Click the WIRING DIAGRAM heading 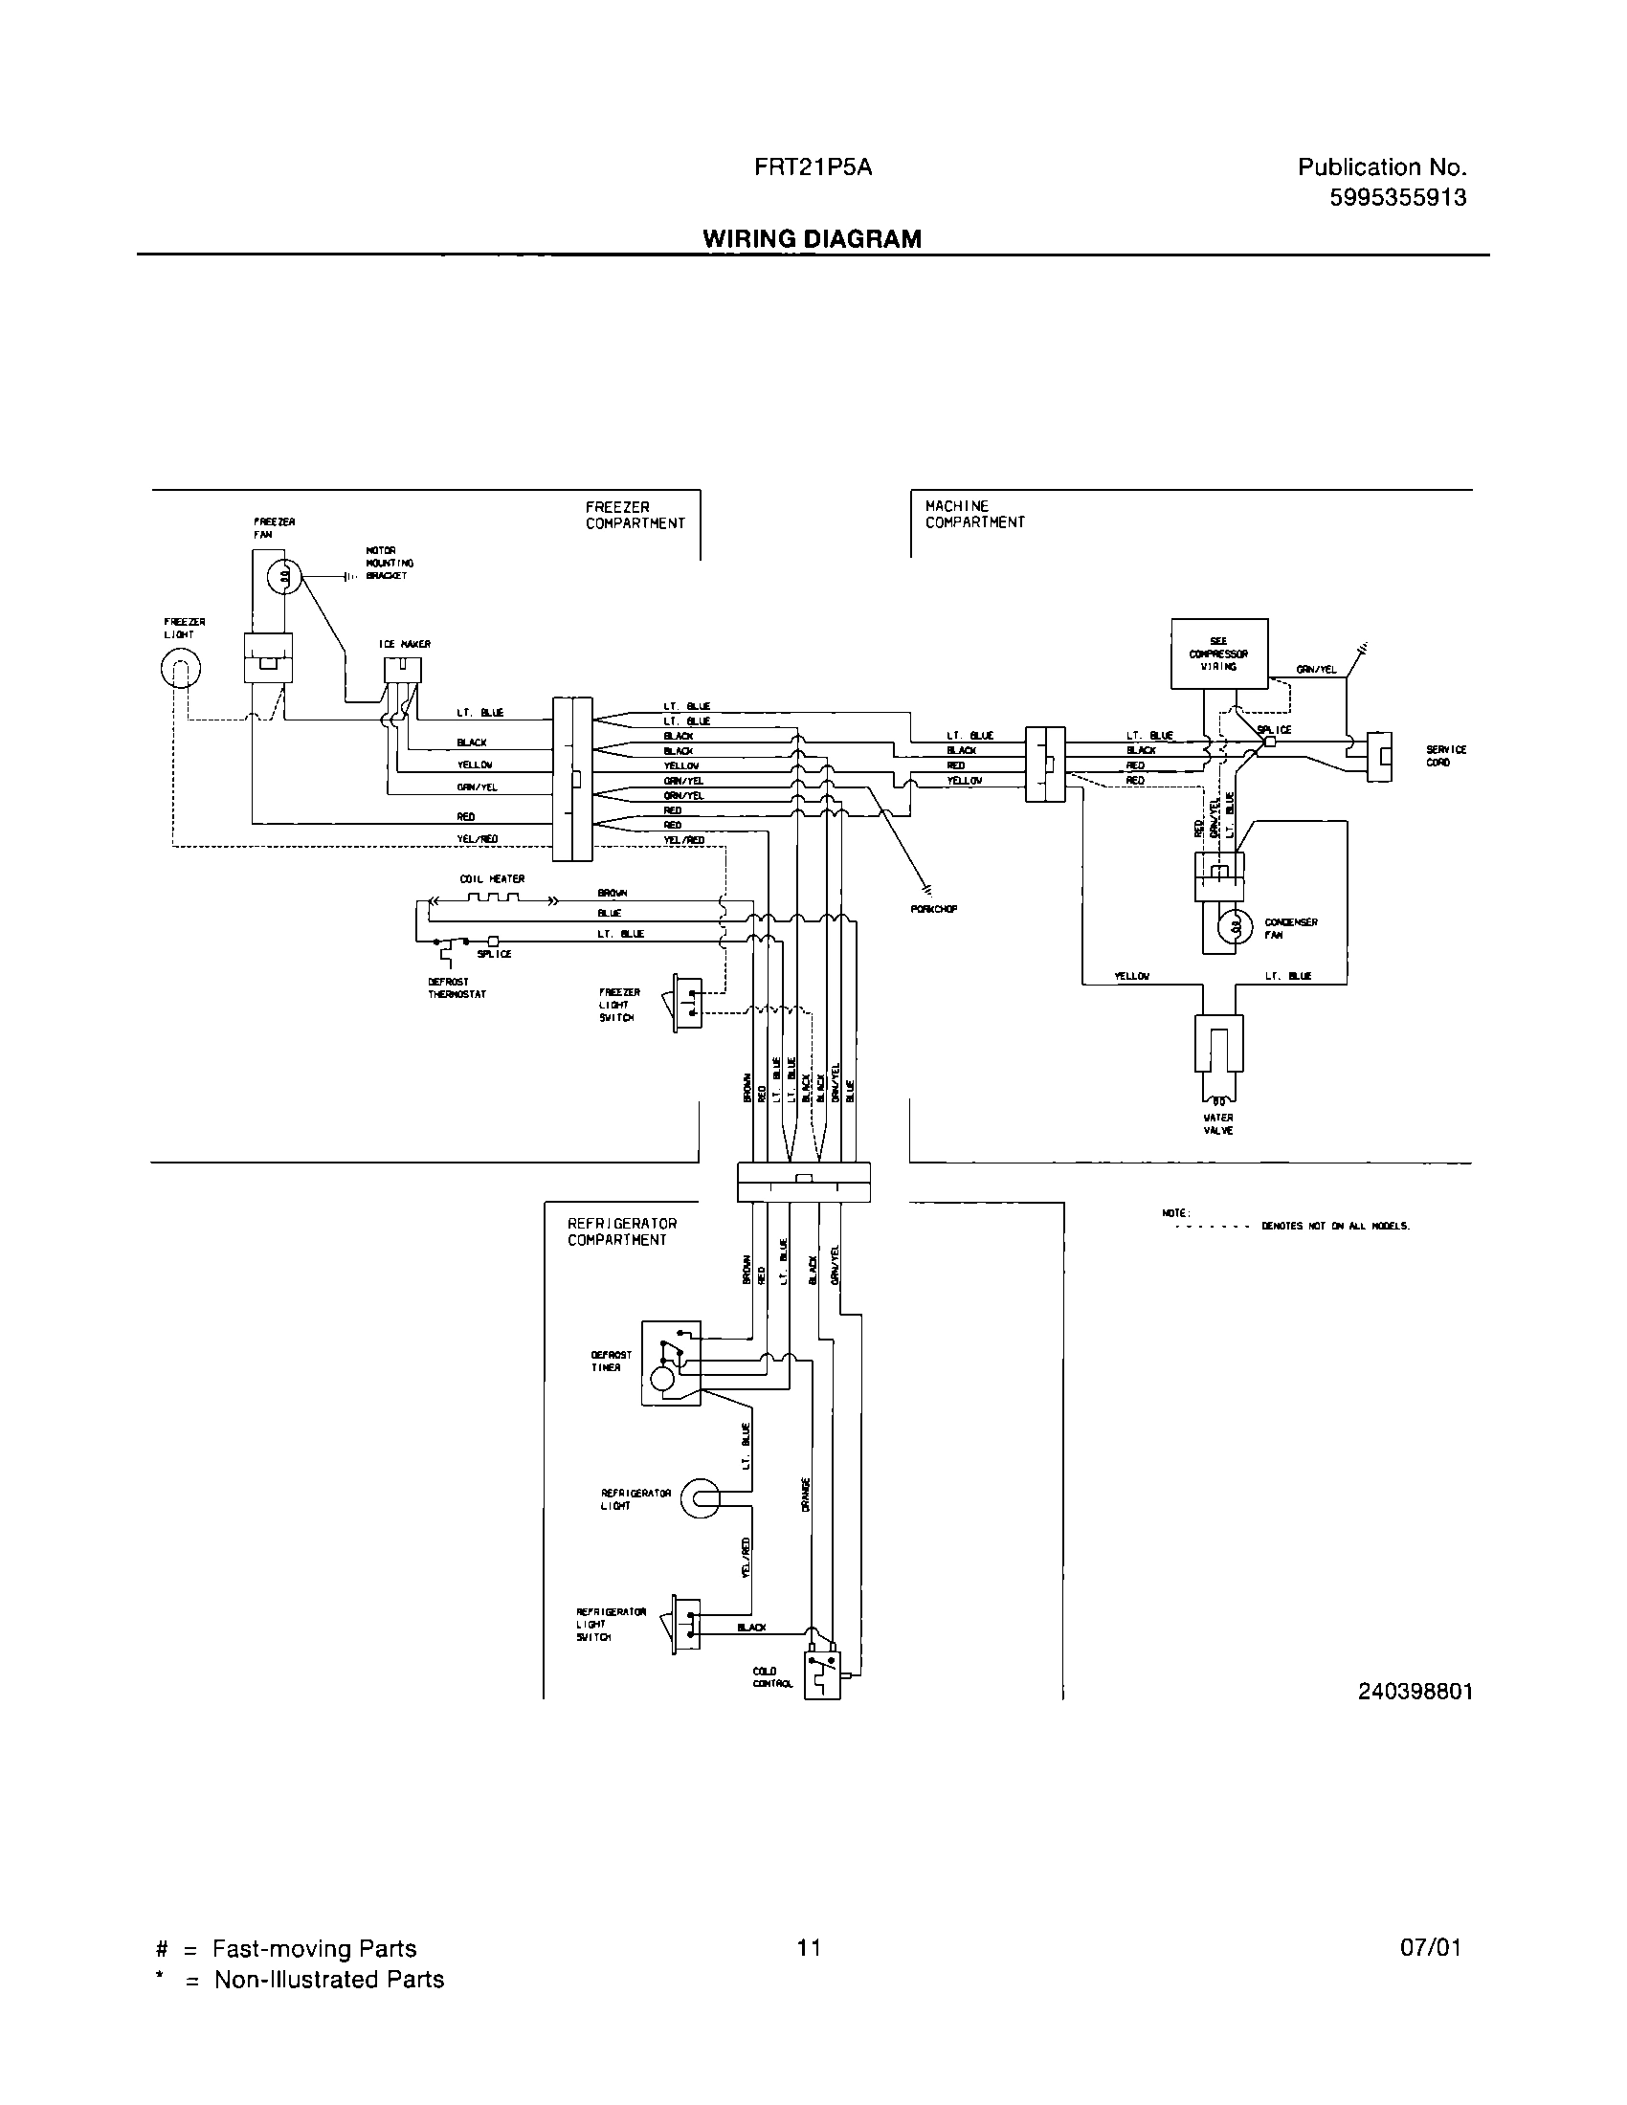(812, 238)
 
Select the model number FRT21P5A (813, 166)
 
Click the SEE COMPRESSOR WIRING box (1218, 654)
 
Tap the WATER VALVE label (1218, 1124)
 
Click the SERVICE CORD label (1446, 756)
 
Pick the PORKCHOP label (933, 909)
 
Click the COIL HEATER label (492, 879)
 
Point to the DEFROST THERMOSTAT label (457, 988)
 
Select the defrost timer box (671, 1363)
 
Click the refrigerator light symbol (699, 1498)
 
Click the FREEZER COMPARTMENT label (635, 515)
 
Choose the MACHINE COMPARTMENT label (974, 514)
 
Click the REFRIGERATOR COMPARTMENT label (622, 1230)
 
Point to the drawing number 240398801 (1415, 1691)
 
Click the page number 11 (809, 1948)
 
